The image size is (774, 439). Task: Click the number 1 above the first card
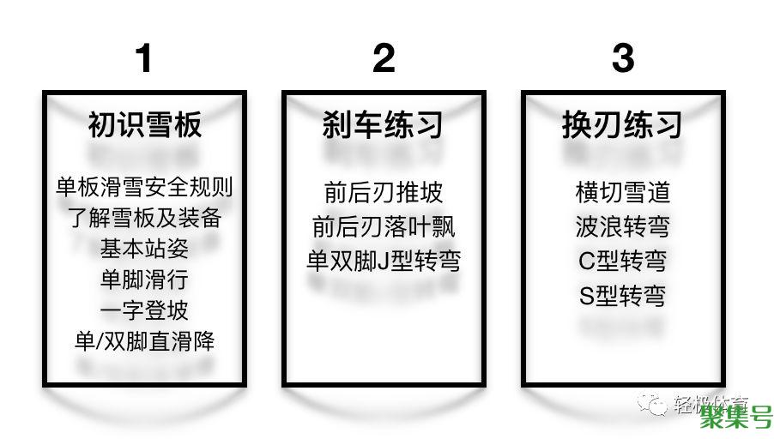(x=144, y=58)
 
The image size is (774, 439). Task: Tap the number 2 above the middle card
(x=384, y=58)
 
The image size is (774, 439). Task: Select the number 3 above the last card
(x=623, y=58)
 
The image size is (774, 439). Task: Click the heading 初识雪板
(x=145, y=125)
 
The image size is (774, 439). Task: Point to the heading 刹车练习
(x=384, y=125)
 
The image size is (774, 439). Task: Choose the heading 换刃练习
(x=623, y=125)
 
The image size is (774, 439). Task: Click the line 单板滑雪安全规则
(x=145, y=187)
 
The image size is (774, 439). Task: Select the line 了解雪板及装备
(x=145, y=218)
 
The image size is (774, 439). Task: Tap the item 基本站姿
(x=145, y=249)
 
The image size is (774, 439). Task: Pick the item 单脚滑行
(x=145, y=280)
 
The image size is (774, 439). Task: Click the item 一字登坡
(x=145, y=310)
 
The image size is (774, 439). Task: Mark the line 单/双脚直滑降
(x=145, y=341)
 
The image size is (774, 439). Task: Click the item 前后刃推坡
(x=384, y=192)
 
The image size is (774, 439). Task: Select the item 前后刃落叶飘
(x=384, y=226)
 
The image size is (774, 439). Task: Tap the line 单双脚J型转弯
(x=384, y=261)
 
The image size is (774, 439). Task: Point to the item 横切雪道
(x=623, y=192)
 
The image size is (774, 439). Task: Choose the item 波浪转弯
(x=623, y=226)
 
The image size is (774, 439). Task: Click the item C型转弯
(x=623, y=261)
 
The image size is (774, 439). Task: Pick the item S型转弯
(x=623, y=297)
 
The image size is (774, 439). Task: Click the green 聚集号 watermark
(x=735, y=418)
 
